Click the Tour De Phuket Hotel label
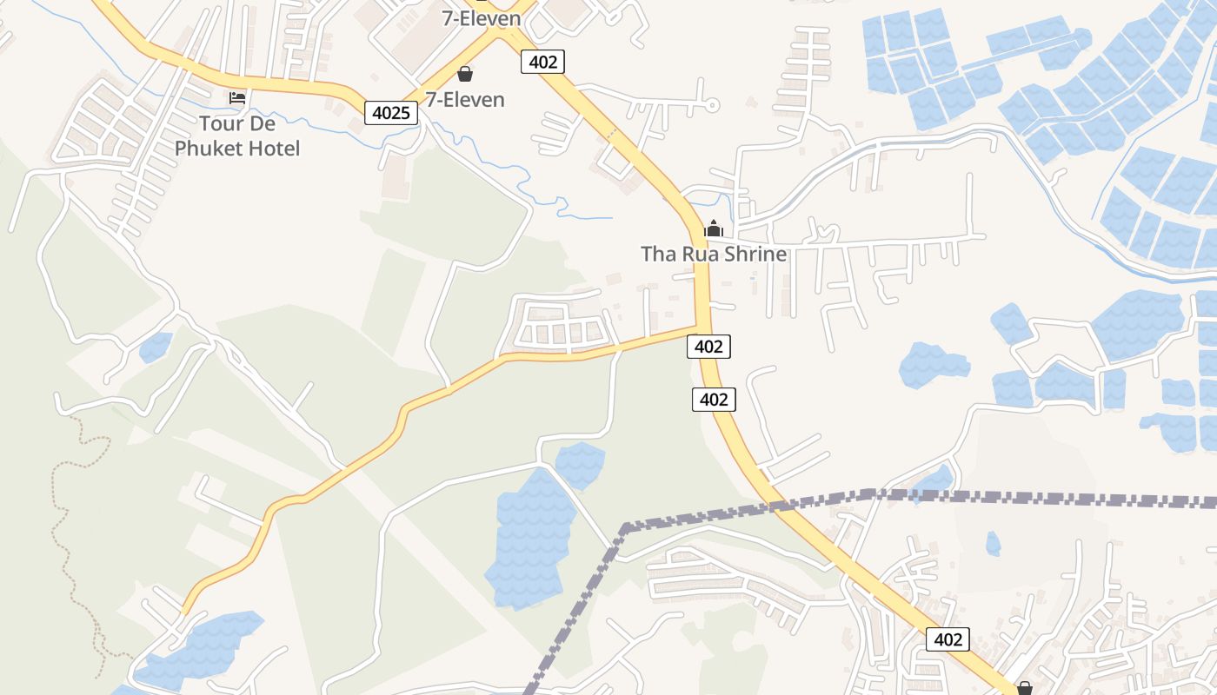pos(237,136)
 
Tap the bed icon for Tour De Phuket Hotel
pos(237,97)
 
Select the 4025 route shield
pos(391,112)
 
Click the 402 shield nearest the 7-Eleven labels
pos(543,62)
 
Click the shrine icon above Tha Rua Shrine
pos(714,228)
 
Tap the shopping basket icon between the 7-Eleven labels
pos(465,74)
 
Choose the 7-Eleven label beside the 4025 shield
pos(465,99)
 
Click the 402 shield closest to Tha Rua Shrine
pos(708,346)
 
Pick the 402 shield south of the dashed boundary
pos(948,639)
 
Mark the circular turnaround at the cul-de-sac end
pos(712,105)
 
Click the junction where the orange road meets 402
pos(698,328)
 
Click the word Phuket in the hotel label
pos(209,149)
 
